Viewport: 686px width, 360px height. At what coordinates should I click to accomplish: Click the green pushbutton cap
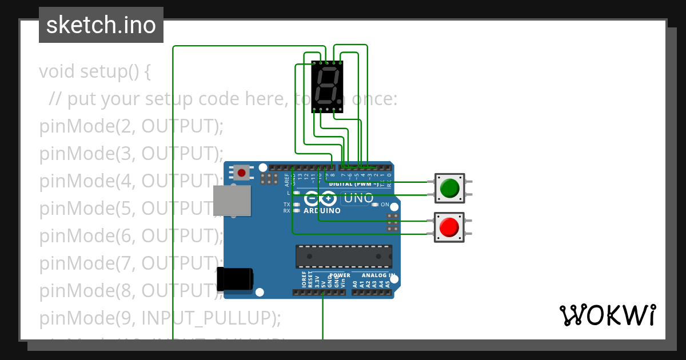pyautogui.click(x=450, y=188)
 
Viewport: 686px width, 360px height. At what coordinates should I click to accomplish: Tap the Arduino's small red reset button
pyautogui.click(x=241, y=172)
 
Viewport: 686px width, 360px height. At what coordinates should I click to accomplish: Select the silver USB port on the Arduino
pyautogui.click(x=232, y=202)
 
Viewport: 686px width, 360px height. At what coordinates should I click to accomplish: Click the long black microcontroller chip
pyautogui.click(x=344, y=257)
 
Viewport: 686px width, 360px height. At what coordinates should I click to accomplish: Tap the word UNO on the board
pyautogui.click(x=356, y=198)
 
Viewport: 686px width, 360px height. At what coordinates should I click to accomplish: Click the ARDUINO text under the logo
pyautogui.click(x=322, y=210)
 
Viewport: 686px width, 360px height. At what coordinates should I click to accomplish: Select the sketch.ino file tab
pyautogui.click(x=101, y=25)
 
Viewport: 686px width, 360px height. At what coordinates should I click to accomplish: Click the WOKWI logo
pyautogui.click(x=607, y=315)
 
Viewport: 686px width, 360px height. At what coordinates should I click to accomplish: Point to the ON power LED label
pyautogui.click(x=385, y=205)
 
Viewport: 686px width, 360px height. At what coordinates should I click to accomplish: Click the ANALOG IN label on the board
pyautogui.click(x=376, y=275)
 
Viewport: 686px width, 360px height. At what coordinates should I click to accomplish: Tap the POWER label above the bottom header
pyautogui.click(x=340, y=275)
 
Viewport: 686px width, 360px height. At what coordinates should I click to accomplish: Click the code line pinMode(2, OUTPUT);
pyautogui.click(x=131, y=126)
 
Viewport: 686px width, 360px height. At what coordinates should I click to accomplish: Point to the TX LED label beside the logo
pyautogui.click(x=287, y=204)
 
